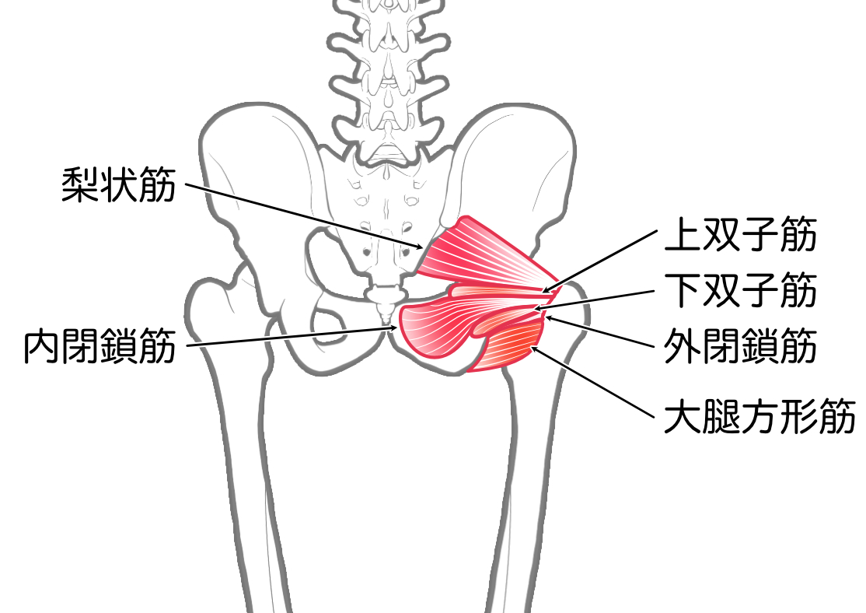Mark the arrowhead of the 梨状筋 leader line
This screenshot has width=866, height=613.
[x=421, y=247]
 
